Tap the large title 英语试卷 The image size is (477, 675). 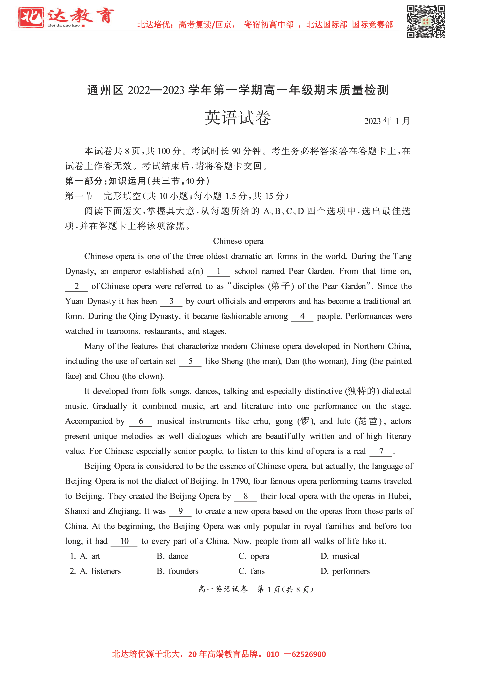[238, 118]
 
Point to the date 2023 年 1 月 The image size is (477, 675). [387, 121]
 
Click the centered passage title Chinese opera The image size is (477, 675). [238, 241]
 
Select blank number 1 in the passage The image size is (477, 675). [218, 271]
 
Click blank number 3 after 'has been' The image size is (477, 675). [171, 301]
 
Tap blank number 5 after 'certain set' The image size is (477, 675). [190, 361]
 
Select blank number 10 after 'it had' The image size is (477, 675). [124, 541]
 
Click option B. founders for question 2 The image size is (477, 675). [178, 571]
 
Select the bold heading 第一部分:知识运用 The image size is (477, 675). [137, 181]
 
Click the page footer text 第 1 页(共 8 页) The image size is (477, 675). [285, 589]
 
